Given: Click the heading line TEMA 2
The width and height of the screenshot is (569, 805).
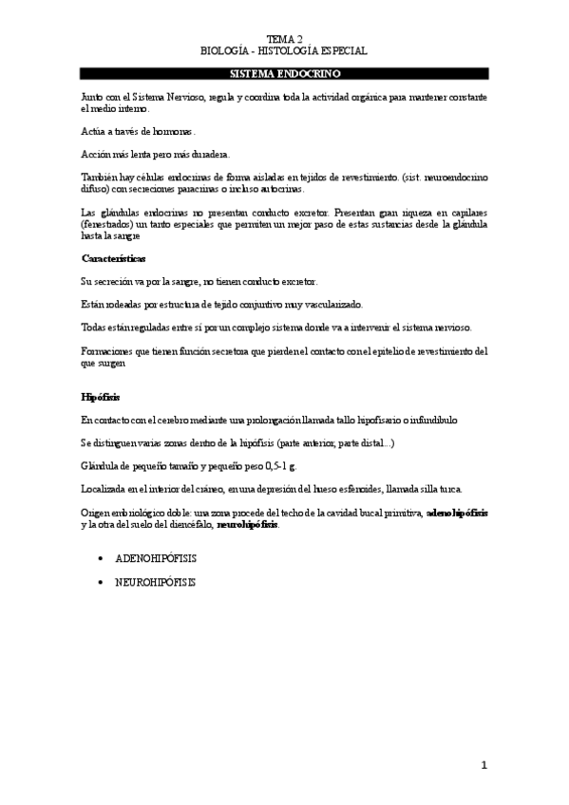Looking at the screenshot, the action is tap(284, 38).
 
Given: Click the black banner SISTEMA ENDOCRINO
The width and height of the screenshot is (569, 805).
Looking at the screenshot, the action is tap(284, 73).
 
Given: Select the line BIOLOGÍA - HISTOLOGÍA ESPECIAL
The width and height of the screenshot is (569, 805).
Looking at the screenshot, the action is tap(284, 50).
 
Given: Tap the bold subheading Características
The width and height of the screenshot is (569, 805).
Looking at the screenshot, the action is tap(113, 258).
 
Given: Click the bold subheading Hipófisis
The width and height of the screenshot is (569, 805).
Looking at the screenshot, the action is tap(100, 395).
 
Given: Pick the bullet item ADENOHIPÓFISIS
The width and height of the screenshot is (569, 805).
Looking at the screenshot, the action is tap(155, 560).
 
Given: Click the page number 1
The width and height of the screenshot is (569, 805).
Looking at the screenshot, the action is tap(483, 765).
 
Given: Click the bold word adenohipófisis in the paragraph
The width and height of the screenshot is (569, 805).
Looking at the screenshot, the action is tap(458, 512).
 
